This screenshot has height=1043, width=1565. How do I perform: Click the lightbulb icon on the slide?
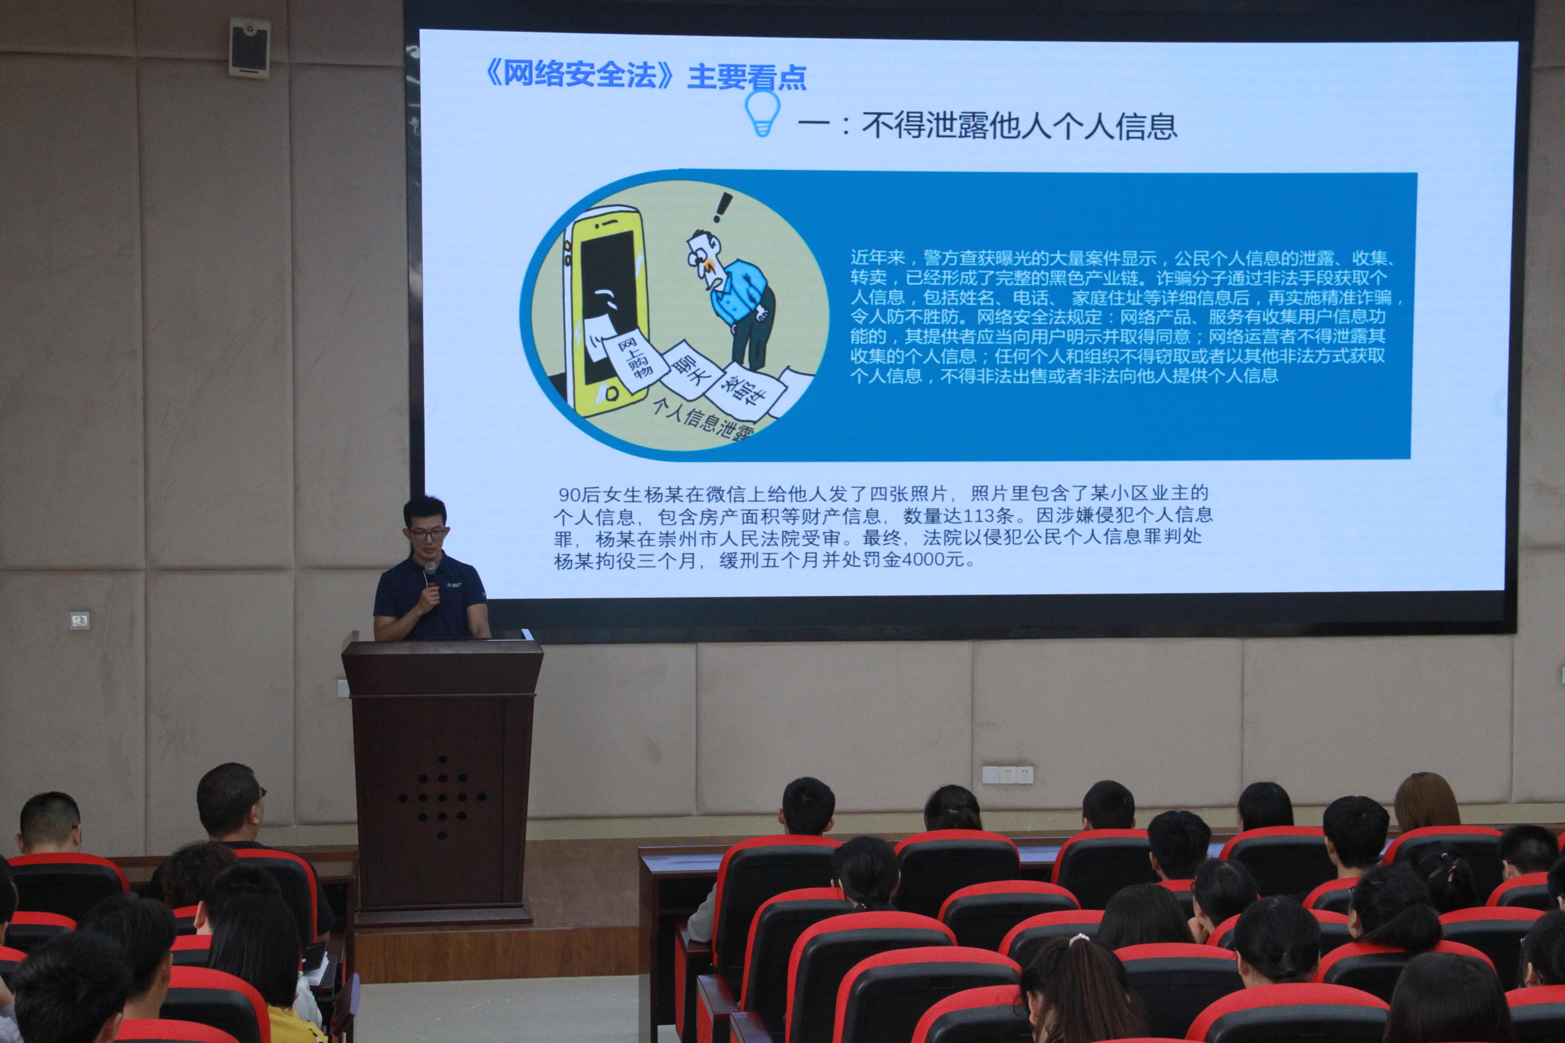pyautogui.click(x=763, y=113)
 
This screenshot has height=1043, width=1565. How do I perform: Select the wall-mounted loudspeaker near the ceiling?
pyautogui.click(x=250, y=46)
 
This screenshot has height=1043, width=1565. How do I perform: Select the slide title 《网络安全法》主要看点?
pyautogui.click(x=645, y=75)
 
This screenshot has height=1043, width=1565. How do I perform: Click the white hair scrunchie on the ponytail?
pyautogui.click(x=1078, y=939)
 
